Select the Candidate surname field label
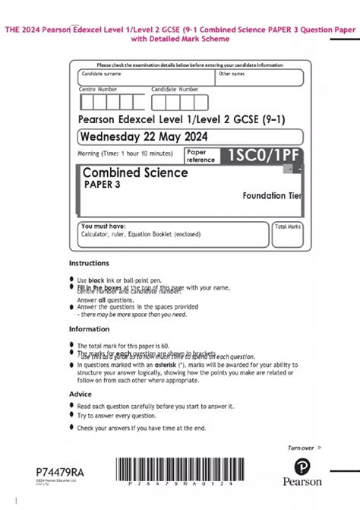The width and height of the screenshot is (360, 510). click(103, 74)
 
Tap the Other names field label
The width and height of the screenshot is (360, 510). click(232, 74)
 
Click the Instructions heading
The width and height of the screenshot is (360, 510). click(90, 263)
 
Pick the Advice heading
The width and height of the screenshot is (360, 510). click(81, 394)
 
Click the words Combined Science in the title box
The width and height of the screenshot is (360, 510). click(135, 173)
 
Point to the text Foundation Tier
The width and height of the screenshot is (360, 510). click(272, 196)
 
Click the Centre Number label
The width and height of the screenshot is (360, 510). click(98, 89)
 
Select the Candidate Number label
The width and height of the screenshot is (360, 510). click(175, 89)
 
